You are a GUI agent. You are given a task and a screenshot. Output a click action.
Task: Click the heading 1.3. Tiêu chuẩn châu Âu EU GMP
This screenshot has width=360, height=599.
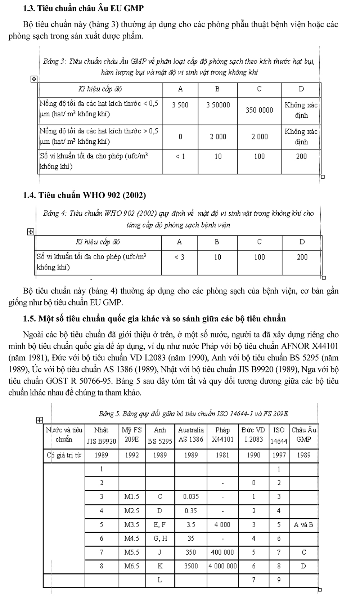click(84, 8)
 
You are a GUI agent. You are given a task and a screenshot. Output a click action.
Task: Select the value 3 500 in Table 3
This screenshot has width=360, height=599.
click(180, 105)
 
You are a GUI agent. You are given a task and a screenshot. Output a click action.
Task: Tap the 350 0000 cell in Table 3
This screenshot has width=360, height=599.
click(259, 110)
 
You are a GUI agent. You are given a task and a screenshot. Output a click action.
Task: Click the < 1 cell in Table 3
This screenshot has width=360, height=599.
click(180, 156)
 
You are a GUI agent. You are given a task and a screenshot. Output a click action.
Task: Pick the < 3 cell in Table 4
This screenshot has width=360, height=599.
click(179, 257)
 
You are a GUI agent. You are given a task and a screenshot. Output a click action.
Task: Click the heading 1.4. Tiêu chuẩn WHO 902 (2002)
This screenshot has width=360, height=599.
click(84, 195)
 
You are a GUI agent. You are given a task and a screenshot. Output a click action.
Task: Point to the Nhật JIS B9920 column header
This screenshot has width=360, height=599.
click(102, 435)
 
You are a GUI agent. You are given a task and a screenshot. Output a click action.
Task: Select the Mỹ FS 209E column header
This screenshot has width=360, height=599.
click(132, 435)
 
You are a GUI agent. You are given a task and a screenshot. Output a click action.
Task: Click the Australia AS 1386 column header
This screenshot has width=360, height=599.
click(191, 435)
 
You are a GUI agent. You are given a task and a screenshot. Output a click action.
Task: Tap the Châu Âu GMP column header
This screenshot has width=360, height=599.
click(303, 435)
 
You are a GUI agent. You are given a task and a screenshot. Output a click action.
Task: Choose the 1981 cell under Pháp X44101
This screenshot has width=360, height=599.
click(222, 455)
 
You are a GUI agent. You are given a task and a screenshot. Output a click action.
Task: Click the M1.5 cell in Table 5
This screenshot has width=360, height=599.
click(132, 497)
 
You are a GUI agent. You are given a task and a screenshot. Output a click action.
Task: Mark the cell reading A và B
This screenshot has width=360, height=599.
click(303, 525)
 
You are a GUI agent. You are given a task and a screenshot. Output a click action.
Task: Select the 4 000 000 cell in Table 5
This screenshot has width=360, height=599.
click(222, 566)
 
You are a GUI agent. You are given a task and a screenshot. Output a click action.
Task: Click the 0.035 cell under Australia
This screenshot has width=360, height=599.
click(191, 497)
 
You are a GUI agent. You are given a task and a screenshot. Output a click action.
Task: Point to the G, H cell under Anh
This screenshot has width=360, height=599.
click(160, 538)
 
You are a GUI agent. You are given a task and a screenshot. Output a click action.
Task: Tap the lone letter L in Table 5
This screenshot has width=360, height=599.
click(160, 580)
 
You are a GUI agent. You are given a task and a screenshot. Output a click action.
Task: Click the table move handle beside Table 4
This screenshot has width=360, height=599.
click(31, 232)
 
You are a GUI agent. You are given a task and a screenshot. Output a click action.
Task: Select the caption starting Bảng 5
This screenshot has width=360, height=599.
click(193, 414)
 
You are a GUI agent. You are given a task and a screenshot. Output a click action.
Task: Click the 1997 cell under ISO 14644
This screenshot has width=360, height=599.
click(279, 455)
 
